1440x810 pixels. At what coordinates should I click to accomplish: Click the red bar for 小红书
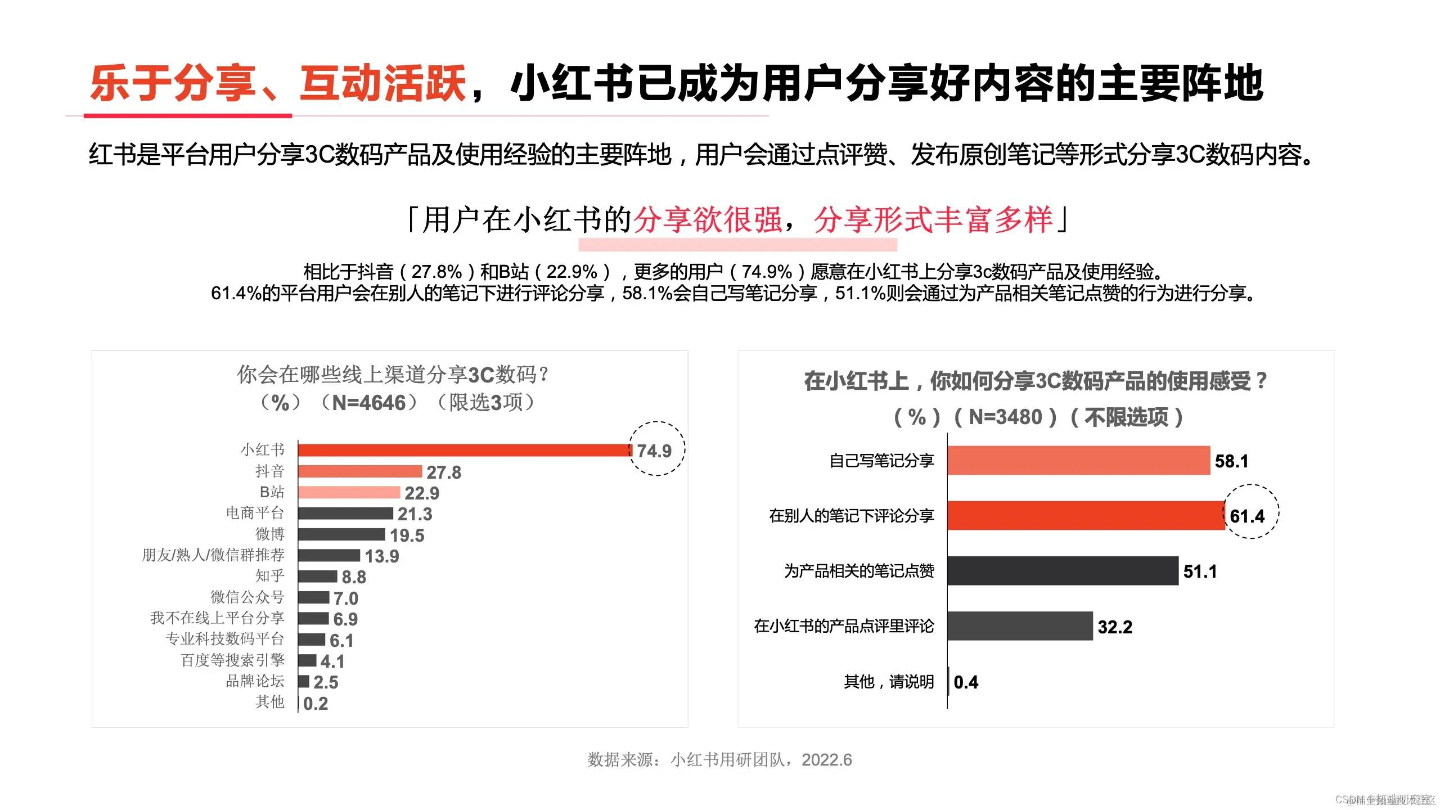(x=464, y=450)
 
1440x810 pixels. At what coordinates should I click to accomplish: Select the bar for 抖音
(x=360, y=471)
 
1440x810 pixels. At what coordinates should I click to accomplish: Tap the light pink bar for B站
(x=349, y=492)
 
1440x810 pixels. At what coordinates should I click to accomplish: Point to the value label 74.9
(x=654, y=451)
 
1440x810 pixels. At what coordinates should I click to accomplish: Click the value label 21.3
(x=415, y=514)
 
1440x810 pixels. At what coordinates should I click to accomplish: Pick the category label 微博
(x=270, y=534)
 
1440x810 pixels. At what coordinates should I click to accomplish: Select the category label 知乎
(x=270, y=576)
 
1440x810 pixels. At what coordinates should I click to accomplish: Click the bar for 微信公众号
(x=314, y=597)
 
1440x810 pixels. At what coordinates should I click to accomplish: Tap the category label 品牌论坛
(x=255, y=681)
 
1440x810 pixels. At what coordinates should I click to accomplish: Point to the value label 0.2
(x=316, y=704)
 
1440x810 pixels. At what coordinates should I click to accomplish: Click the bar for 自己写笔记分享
(x=1078, y=461)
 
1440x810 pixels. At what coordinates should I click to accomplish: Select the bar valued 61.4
(x=1086, y=515)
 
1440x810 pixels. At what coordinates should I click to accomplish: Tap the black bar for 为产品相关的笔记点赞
(x=1063, y=571)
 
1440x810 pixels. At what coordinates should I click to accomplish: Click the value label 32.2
(x=1115, y=627)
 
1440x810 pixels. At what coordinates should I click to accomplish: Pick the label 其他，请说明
(x=889, y=682)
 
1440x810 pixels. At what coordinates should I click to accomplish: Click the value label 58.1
(x=1231, y=461)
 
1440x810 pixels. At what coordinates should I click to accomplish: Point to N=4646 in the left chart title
(x=369, y=403)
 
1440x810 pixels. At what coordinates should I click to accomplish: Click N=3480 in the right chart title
(x=1006, y=417)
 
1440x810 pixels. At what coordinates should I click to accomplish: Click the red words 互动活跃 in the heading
(x=383, y=83)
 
